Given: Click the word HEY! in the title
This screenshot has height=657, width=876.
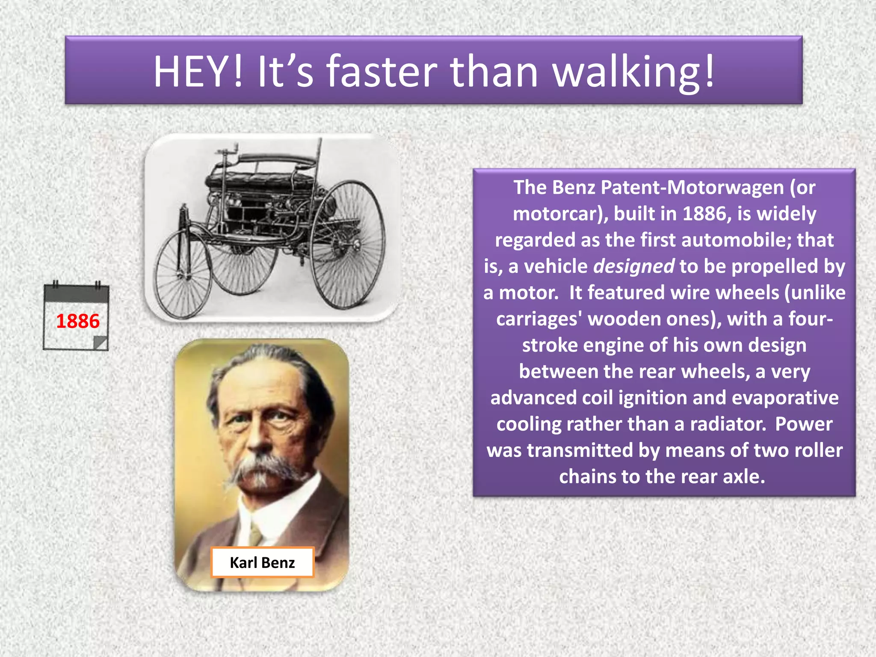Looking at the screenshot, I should (198, 71).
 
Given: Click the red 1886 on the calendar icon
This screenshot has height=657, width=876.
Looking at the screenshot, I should (77, 321).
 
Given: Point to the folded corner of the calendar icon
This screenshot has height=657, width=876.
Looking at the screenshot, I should (101, 343).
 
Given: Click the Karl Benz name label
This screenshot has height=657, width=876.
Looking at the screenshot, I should (262, 562).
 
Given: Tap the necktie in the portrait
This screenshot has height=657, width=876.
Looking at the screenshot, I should (256, 534).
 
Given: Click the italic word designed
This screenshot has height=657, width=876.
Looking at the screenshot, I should (634, 266).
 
